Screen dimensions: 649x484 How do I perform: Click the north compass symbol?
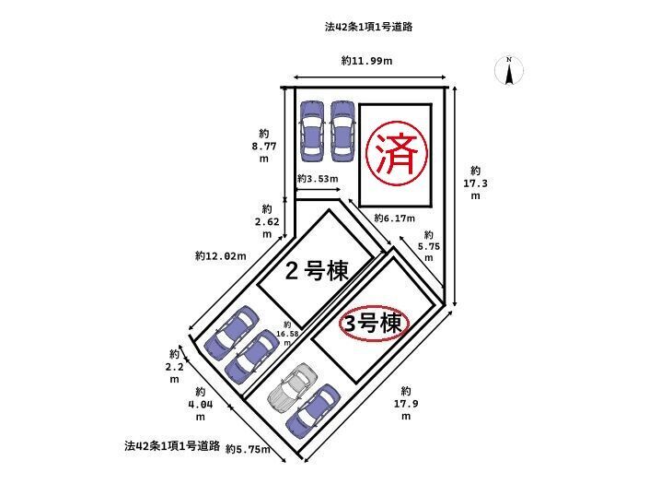(509, 71)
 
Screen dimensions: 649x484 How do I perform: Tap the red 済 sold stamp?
(396, 153)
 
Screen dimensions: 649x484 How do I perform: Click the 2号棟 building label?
(317, 271)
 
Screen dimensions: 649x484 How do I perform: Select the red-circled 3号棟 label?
(374, 324)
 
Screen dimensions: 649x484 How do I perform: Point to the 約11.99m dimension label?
(366, 61)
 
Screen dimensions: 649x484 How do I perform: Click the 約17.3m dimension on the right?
(475, 183)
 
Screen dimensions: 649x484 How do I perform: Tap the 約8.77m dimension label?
(264, 146)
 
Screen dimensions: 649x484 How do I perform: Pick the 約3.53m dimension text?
(318, 179)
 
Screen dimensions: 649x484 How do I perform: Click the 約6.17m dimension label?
(394, 218)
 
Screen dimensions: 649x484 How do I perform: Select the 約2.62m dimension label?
(267, 221)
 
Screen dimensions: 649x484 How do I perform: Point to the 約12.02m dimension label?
(221, 256)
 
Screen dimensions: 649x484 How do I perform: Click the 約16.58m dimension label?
(287, 334)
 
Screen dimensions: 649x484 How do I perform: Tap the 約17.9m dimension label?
(406, 403)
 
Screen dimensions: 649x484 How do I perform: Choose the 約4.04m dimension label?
(201, 404)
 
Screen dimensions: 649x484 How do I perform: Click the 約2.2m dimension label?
(174, 366)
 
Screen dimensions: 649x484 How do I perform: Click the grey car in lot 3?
(293, 387)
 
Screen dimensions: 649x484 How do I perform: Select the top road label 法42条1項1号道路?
(369, 28)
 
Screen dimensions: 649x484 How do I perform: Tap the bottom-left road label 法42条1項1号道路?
(172, 446)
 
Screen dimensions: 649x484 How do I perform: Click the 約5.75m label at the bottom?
(249, 449)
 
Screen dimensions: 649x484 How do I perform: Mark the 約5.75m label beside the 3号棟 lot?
(428, 246)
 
